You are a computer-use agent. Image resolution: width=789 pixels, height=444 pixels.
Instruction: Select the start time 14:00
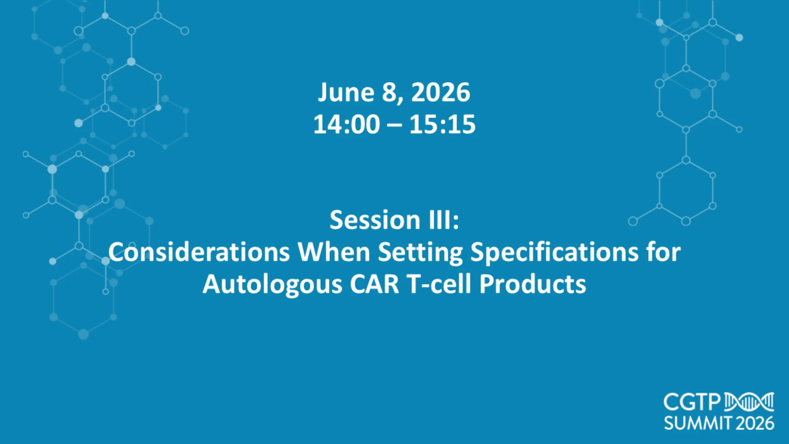(346, 124)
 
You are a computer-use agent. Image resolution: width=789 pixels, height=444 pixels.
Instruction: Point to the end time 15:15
(442, 124)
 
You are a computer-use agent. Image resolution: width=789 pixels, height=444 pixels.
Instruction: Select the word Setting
(420, 252)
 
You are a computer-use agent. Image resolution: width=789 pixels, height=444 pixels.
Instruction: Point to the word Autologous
(272, 284)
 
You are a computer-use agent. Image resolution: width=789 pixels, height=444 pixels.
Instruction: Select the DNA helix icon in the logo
(749, 402)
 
